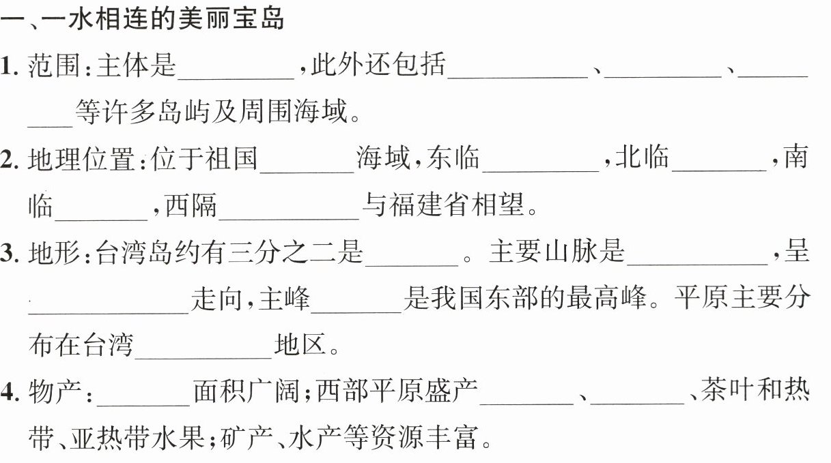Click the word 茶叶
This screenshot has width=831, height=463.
coord(724,393)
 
